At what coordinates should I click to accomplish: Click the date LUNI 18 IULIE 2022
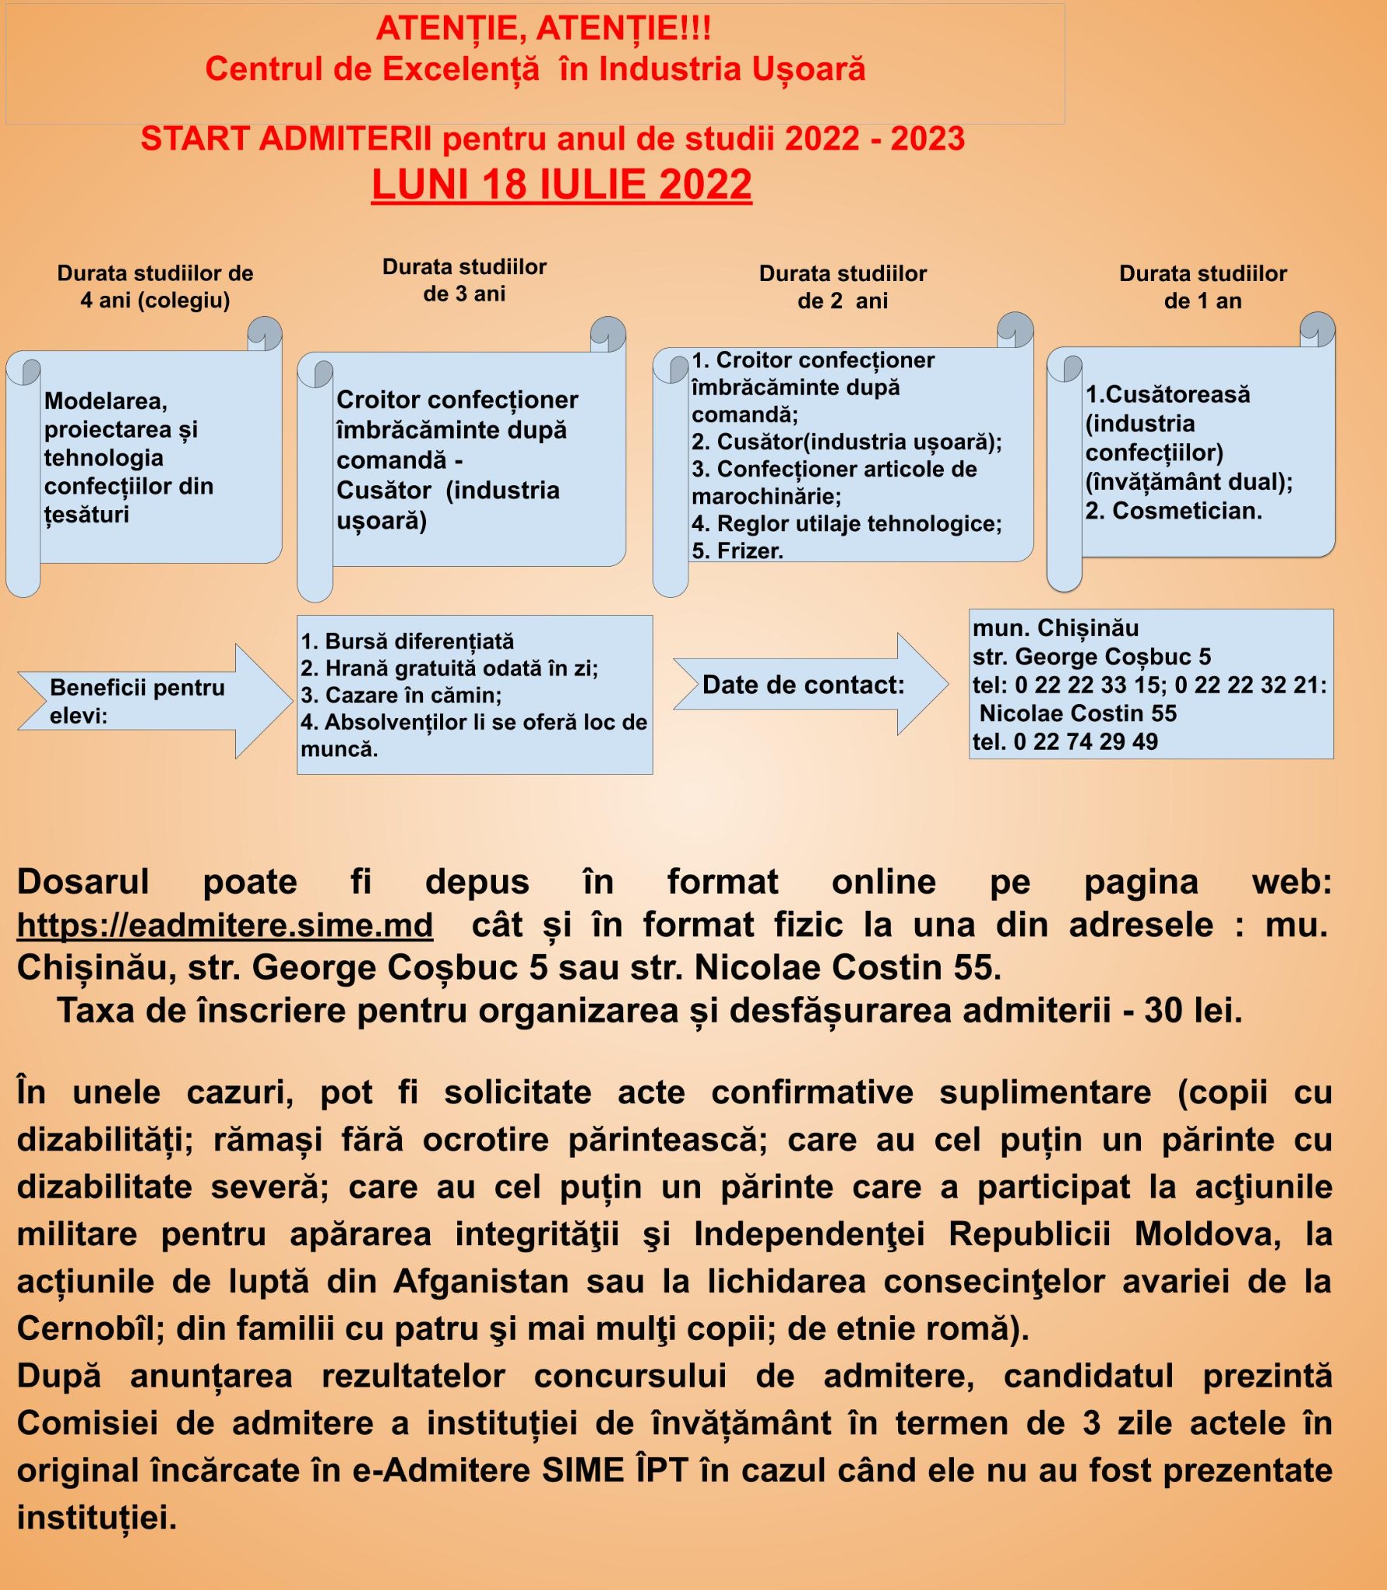[x=561, y=185]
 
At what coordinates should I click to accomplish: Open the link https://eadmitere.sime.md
[x=224, y=925]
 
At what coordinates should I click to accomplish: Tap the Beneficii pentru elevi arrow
[x=147, y=701]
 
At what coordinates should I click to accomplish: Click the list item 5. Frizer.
[x=737, y=550]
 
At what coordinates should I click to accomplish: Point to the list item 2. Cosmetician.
[x=1174, y=510]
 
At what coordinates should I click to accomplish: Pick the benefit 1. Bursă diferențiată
[x=407, y=641]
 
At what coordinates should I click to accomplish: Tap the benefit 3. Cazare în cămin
[x=401, y=695]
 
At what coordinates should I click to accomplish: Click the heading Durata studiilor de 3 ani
[x=464, y=280]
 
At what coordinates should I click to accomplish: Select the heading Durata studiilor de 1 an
[x=1202, y=286]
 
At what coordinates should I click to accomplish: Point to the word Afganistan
[x=481, y=1281]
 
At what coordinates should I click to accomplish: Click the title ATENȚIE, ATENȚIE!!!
[x=543, y=29]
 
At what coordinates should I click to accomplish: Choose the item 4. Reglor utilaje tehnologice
[x=846, y=523]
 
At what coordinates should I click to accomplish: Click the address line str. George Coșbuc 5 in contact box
[x=1091, y=657]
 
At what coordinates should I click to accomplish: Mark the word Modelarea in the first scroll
[x=106, y=401]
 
